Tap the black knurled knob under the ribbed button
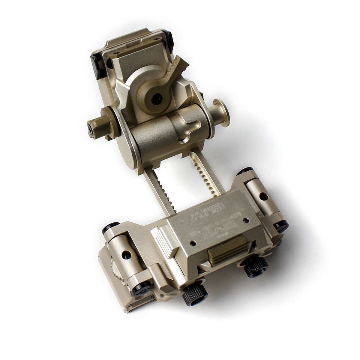point(256,266)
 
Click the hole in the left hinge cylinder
point(127,255)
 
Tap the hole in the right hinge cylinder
point(264,196)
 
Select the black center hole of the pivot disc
point(157,99)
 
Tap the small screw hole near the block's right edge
point(246,220)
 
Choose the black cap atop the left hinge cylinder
point(111,228)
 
